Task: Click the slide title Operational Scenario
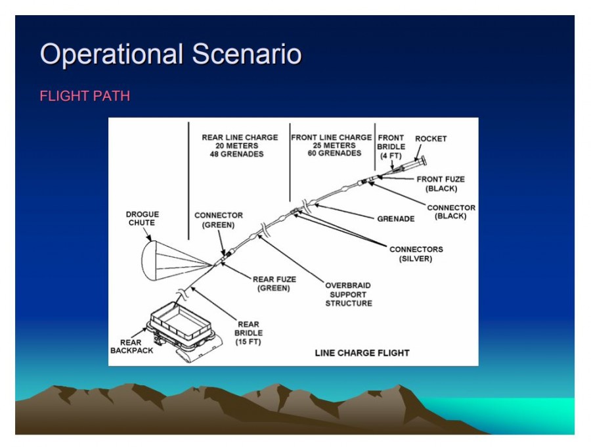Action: [x=171, y=54]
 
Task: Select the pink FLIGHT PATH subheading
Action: [x=85, y=96]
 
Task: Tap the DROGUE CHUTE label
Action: [x=142, y=218]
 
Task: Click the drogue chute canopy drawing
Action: [x=149, y=261]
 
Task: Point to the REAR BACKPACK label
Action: [x=131, y=346]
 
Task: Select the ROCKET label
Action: [x=431, y=139]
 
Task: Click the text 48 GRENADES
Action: [x=236, y=154]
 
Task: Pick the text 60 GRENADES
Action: [x=334, y=153]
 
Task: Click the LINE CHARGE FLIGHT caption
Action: [x=362, y=353]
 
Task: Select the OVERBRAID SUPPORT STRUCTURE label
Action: [x=349, y=294]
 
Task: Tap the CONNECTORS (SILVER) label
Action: [x=416, y=254]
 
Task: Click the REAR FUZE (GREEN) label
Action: [x=274, y=284]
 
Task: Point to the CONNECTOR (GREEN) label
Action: [x=219, y=220]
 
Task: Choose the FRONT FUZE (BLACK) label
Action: [x=441, y=183]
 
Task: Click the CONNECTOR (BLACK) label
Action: [x=451, y=212]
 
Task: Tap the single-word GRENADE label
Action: [x=396, y=219]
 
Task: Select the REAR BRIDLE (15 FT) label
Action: [x=248, y=333]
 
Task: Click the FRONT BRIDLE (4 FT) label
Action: [x=391, y=147]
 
